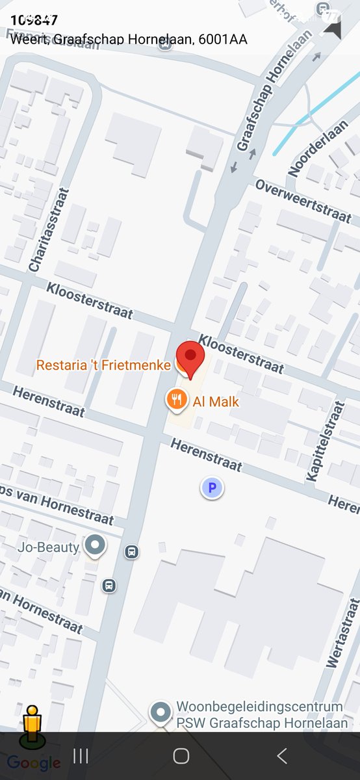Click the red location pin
click(190, 357)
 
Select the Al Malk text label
click(216, 402)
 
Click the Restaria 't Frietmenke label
click(103, 365)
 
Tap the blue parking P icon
click(212, 487)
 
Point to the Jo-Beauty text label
click(49, 547)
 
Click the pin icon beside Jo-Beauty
click(96, 546)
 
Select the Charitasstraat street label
click(48, 231)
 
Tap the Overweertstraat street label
click(304, 200)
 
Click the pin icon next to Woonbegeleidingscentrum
click(161, 714)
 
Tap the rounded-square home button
click(181, 756)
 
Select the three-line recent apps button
click(81, 756)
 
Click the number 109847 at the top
click(34, 20)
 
